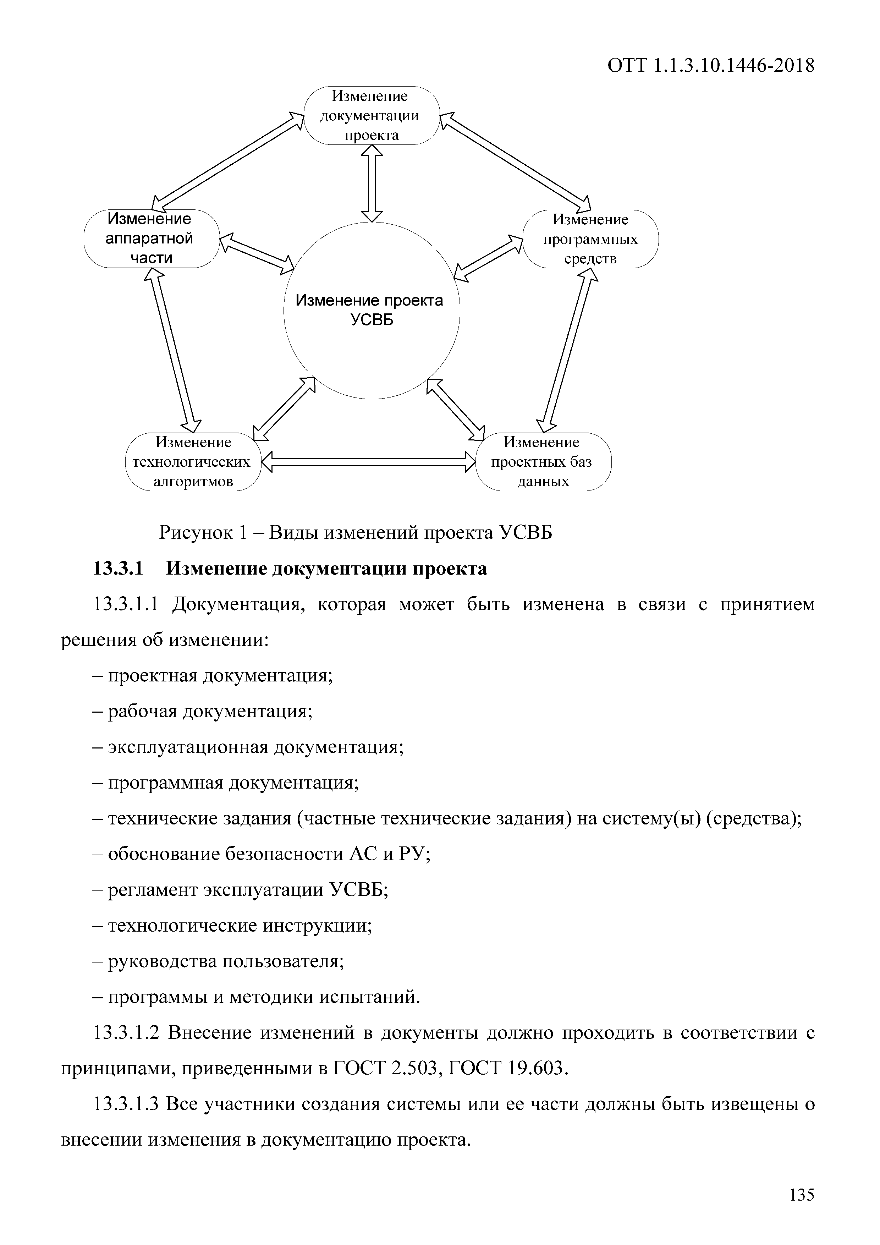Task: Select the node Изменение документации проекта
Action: click(x=371, y=115)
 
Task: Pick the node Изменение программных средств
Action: click(x=590, y=239)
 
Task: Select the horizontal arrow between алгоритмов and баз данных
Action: click(x=368, y=462)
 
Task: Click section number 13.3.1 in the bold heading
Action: click(x=118, y=569)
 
